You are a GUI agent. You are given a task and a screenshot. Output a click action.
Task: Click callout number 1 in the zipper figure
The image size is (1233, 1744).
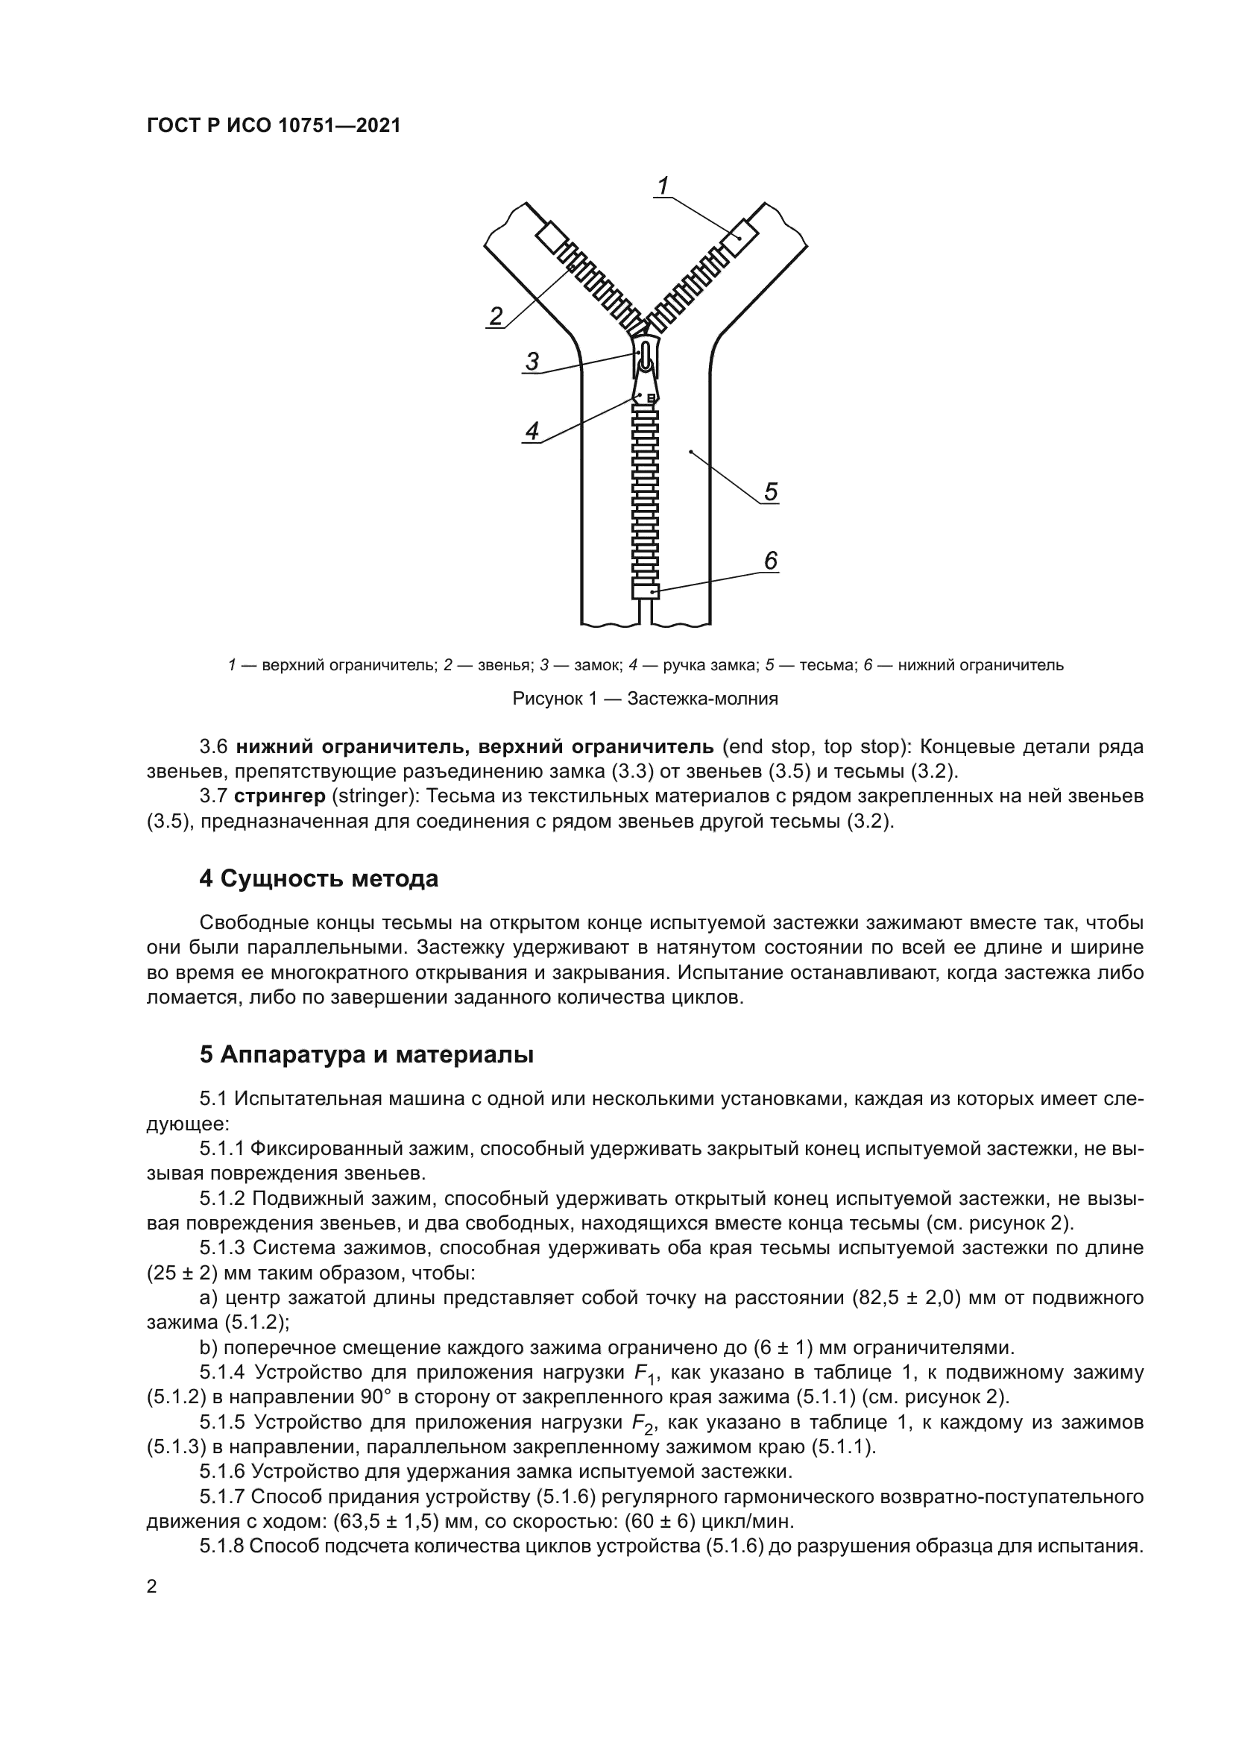point(663,186)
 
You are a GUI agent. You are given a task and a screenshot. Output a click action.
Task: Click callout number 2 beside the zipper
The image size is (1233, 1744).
point(496,316)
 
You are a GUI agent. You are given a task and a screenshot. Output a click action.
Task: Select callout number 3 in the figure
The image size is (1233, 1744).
point(532,362)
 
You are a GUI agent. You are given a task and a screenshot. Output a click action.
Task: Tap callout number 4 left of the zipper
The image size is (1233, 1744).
point(532,432)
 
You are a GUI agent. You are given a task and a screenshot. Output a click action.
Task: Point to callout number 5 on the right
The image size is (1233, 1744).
point(771,492)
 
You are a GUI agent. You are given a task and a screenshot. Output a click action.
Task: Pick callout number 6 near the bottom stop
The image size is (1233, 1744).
point(771,561)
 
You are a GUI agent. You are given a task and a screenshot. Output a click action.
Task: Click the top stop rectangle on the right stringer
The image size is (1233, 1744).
point(739,238)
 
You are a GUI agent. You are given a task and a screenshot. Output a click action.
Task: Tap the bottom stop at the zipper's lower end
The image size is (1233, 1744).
point(646,591)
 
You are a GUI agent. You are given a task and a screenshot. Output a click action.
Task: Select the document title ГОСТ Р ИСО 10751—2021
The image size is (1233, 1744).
point(274,125)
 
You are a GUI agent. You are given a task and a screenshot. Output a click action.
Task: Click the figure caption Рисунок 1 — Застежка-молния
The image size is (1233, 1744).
point(646,699)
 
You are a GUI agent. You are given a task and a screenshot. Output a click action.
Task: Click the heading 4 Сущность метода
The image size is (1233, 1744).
point(319,879)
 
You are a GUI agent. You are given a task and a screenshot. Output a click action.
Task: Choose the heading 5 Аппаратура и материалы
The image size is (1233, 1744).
point(366,1055)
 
